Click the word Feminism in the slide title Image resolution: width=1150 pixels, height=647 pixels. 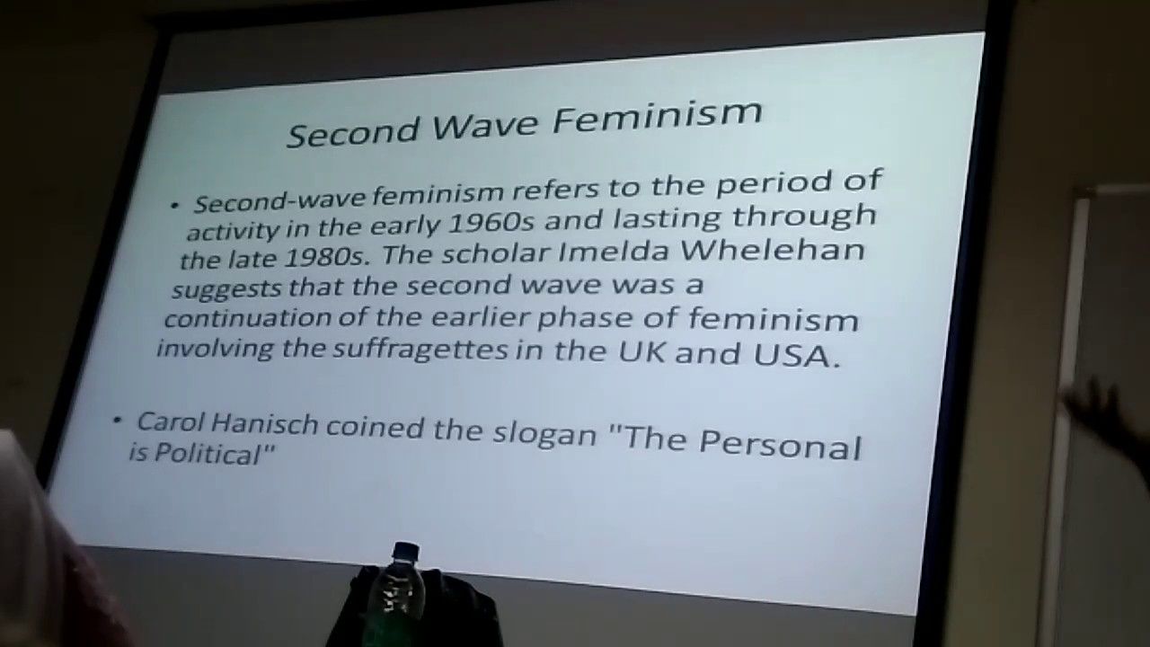[x=657, y=117]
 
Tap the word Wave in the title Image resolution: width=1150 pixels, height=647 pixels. [x=485, y=125]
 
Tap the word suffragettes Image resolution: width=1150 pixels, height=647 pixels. [x=421, y=350]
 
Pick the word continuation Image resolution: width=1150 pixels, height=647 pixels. [x=247, y=318]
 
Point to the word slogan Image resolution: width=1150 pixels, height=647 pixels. [x=544, y=434]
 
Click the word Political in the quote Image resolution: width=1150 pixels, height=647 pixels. [x=207, y=454]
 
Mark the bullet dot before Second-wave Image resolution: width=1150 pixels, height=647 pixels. [x=175, y=207]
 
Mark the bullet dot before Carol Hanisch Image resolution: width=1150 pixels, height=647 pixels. [x=118, y=421]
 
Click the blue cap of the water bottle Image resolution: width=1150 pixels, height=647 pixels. [x=405, y=552]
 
